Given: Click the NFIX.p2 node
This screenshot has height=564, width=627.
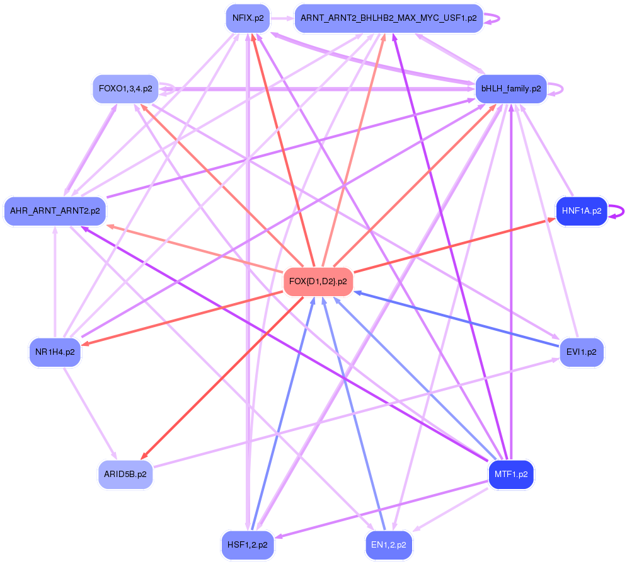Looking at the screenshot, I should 248,18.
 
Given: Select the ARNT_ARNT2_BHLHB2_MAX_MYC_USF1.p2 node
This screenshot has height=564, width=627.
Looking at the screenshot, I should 388,18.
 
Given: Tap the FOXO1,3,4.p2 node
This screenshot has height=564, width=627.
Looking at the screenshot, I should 125,89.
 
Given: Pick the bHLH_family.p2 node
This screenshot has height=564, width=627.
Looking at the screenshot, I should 511,89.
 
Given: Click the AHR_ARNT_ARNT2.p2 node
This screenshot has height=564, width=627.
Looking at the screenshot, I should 55,211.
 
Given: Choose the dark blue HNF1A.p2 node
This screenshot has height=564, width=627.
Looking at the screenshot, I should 580,211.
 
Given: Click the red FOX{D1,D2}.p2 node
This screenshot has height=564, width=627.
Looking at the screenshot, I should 318,282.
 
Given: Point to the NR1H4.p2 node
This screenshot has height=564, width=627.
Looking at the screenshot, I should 55,352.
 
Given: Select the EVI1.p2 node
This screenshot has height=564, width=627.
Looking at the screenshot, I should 581,352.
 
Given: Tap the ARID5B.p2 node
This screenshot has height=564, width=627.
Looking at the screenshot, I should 125,474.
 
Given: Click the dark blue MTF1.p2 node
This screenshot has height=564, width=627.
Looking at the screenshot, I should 511,474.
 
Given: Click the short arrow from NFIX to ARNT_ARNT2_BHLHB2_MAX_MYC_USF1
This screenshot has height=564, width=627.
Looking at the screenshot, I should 282,18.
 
